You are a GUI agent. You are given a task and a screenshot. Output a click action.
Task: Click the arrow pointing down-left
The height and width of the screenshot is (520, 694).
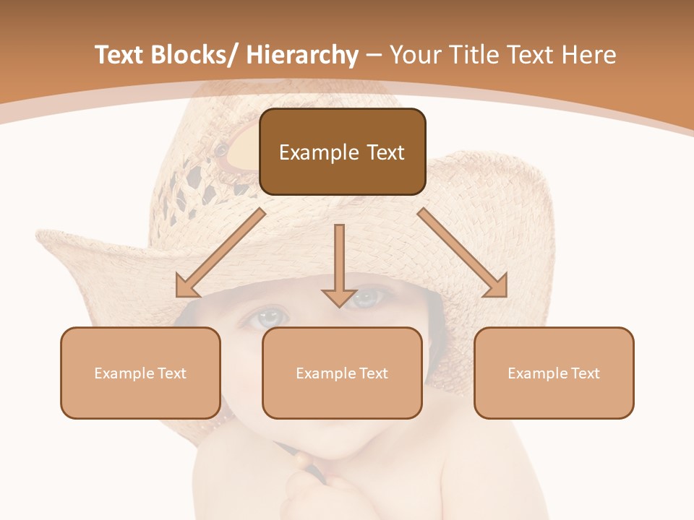pos(220,253)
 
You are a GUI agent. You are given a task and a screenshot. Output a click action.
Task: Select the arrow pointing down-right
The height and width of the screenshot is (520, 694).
pos(463,253)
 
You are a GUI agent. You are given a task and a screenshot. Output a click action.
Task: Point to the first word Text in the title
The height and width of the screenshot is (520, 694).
pos(119,55)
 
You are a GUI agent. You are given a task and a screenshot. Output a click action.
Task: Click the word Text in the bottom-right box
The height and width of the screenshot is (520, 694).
pos(585,373)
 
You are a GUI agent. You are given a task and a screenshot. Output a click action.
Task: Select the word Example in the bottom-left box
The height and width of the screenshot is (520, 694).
pos(121,373)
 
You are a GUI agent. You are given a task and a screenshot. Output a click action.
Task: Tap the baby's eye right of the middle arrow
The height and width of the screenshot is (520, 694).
pos(367,296)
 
